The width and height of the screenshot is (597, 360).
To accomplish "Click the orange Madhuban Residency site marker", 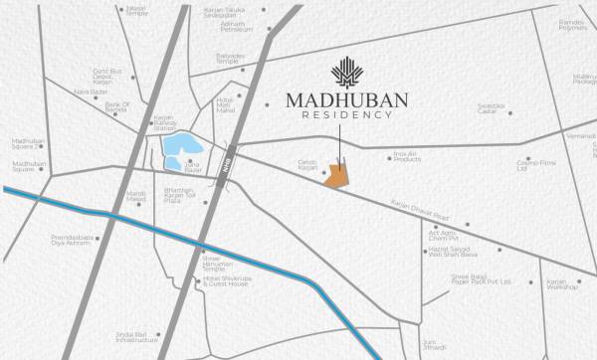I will point(339,175).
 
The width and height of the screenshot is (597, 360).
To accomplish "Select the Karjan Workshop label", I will point(562,284).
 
